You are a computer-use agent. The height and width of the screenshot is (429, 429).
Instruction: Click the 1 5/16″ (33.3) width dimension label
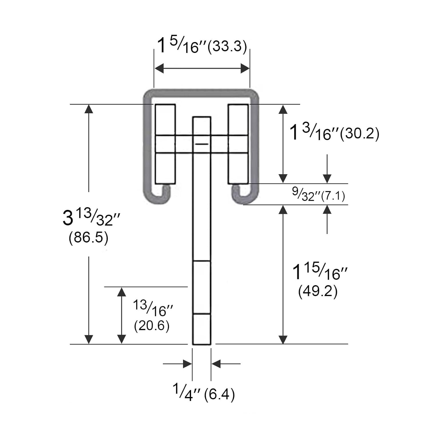(202, 46)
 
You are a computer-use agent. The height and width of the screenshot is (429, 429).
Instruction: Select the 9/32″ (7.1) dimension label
(318, 194)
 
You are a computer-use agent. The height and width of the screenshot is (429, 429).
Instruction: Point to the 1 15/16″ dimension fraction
(320, 272)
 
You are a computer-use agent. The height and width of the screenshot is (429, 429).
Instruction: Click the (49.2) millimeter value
(318, 291)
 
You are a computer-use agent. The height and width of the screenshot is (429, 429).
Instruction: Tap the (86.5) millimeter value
(88, 238)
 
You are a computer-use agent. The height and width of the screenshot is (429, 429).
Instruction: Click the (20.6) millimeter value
(152, 326)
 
